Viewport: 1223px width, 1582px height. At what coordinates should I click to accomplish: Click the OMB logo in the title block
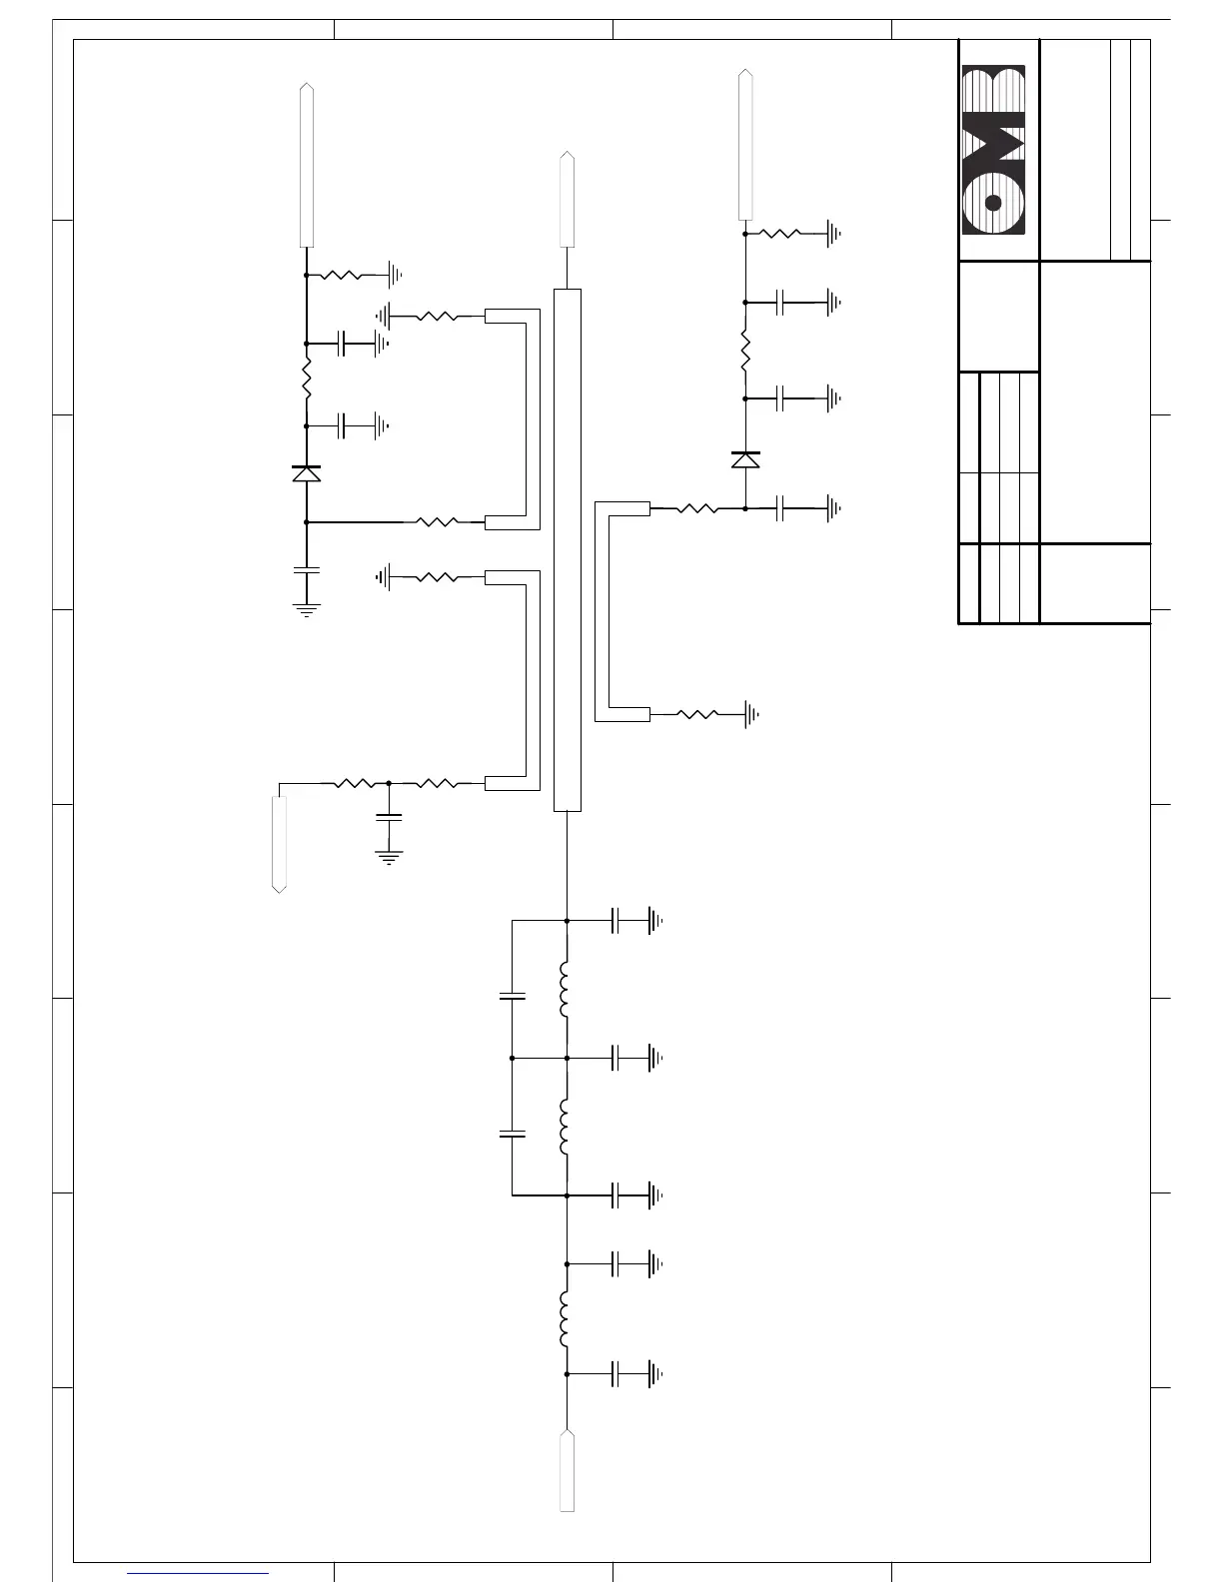(x=993, y=151)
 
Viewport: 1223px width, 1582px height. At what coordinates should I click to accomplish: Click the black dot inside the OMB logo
(x=992, y=203)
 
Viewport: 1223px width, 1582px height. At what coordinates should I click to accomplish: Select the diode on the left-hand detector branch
(x=306, y=473)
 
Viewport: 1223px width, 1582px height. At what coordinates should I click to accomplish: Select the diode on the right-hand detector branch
(x=745, y=459)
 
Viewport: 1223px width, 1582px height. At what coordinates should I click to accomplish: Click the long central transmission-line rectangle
(x=567, y=549)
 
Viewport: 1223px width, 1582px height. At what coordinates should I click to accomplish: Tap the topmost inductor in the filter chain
(x=566, y=990)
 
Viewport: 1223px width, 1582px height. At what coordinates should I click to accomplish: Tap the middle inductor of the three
(x=566, y=1127)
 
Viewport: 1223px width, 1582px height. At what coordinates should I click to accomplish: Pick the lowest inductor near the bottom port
(x=566, y=1319)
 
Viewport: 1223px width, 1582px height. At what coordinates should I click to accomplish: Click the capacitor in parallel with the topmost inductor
(x=512, y=996)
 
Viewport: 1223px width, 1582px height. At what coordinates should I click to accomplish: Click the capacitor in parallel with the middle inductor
(x=512, y=1134)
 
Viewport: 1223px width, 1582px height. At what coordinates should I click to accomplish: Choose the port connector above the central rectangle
(x=567, y=199)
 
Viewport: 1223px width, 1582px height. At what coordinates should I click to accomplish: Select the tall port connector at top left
(x=307, y=165)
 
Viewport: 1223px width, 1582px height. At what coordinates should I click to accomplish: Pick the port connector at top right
(x=745, y=144)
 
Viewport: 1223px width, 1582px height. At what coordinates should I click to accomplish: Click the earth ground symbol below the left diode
(x=306, y=609)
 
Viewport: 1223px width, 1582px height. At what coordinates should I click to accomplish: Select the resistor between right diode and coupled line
(x=697, y=508)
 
